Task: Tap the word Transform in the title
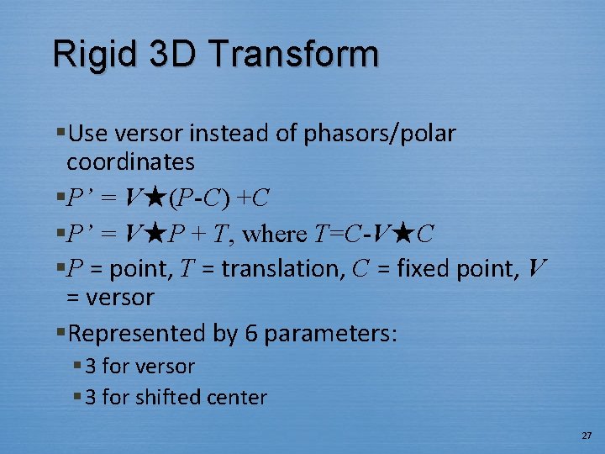pyautogui.click(x=295, y=55)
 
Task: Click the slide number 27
pyautogui.click(x=586, y=436)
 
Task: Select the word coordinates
pyautogui.click(x=130, y=161)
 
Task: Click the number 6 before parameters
pyautogui.click(x=250, y=333)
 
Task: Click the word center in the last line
pyautogui.click(x=239, y=397)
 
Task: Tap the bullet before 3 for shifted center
pyautogui.click(x=77, y=396)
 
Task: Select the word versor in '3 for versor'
pyautogui.click(x=166, y=367)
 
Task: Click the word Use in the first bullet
pyautogui.click(x=86, y=134)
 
